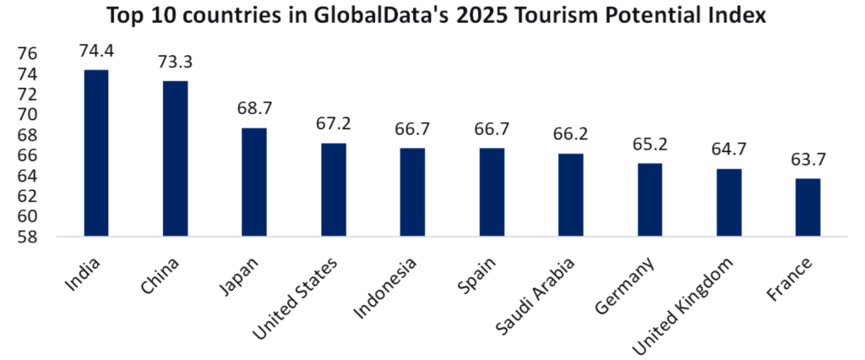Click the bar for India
(95, 152)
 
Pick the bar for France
(808, 207)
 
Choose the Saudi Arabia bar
(570, 194)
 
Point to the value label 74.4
(96, 52)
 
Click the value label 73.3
(175, 63)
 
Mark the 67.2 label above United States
(333, 124)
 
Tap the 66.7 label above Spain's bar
(492, 129)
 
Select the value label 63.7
(808, 160)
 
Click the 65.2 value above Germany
(650, 145)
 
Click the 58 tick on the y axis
(28, 237)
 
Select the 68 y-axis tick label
(28, 135)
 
